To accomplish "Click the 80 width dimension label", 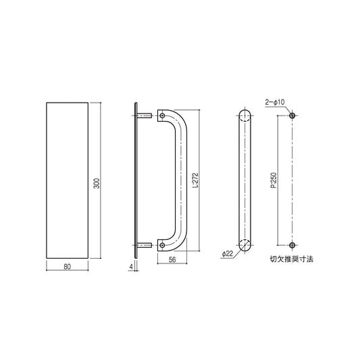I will [x=67, y=266].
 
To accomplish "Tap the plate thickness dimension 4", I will [x=130, y=266].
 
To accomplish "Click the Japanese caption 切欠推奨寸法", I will [x=288, y=258].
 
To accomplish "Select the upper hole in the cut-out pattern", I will [x=292, y=116].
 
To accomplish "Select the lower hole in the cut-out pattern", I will [x=292, y=244].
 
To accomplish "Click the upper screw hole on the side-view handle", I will [x=163, y=116].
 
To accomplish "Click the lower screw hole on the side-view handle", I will [x=163, y=244].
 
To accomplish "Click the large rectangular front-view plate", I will [x=67, y=180].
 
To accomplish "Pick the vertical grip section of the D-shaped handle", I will [x=182, y=180].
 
